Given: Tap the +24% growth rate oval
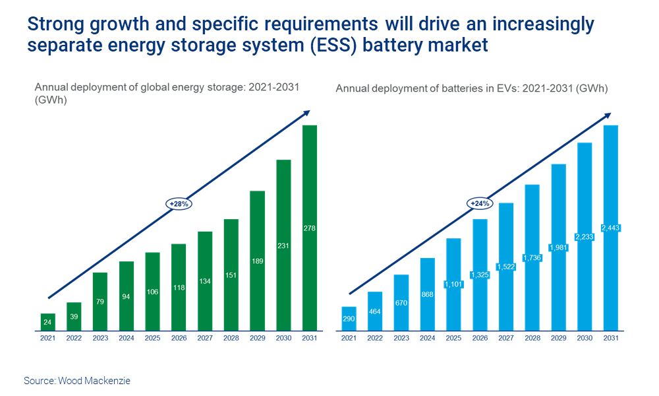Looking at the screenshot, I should coord(480,203).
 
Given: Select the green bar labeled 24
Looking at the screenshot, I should coord(47,322).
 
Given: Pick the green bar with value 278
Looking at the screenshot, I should coord(309,228).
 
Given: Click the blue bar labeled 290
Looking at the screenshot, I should coord(349,319).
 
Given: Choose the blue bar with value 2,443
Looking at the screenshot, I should coord(610,228).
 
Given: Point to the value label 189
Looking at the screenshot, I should coord(257,261).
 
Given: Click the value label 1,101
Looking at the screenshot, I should coord(453,284).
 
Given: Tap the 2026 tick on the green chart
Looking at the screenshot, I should coord(179,338).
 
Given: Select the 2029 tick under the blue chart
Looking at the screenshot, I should coord(558,338).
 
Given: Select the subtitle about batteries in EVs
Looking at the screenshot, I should coord(472,88).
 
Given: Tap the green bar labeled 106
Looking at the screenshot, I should coord(152,291).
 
